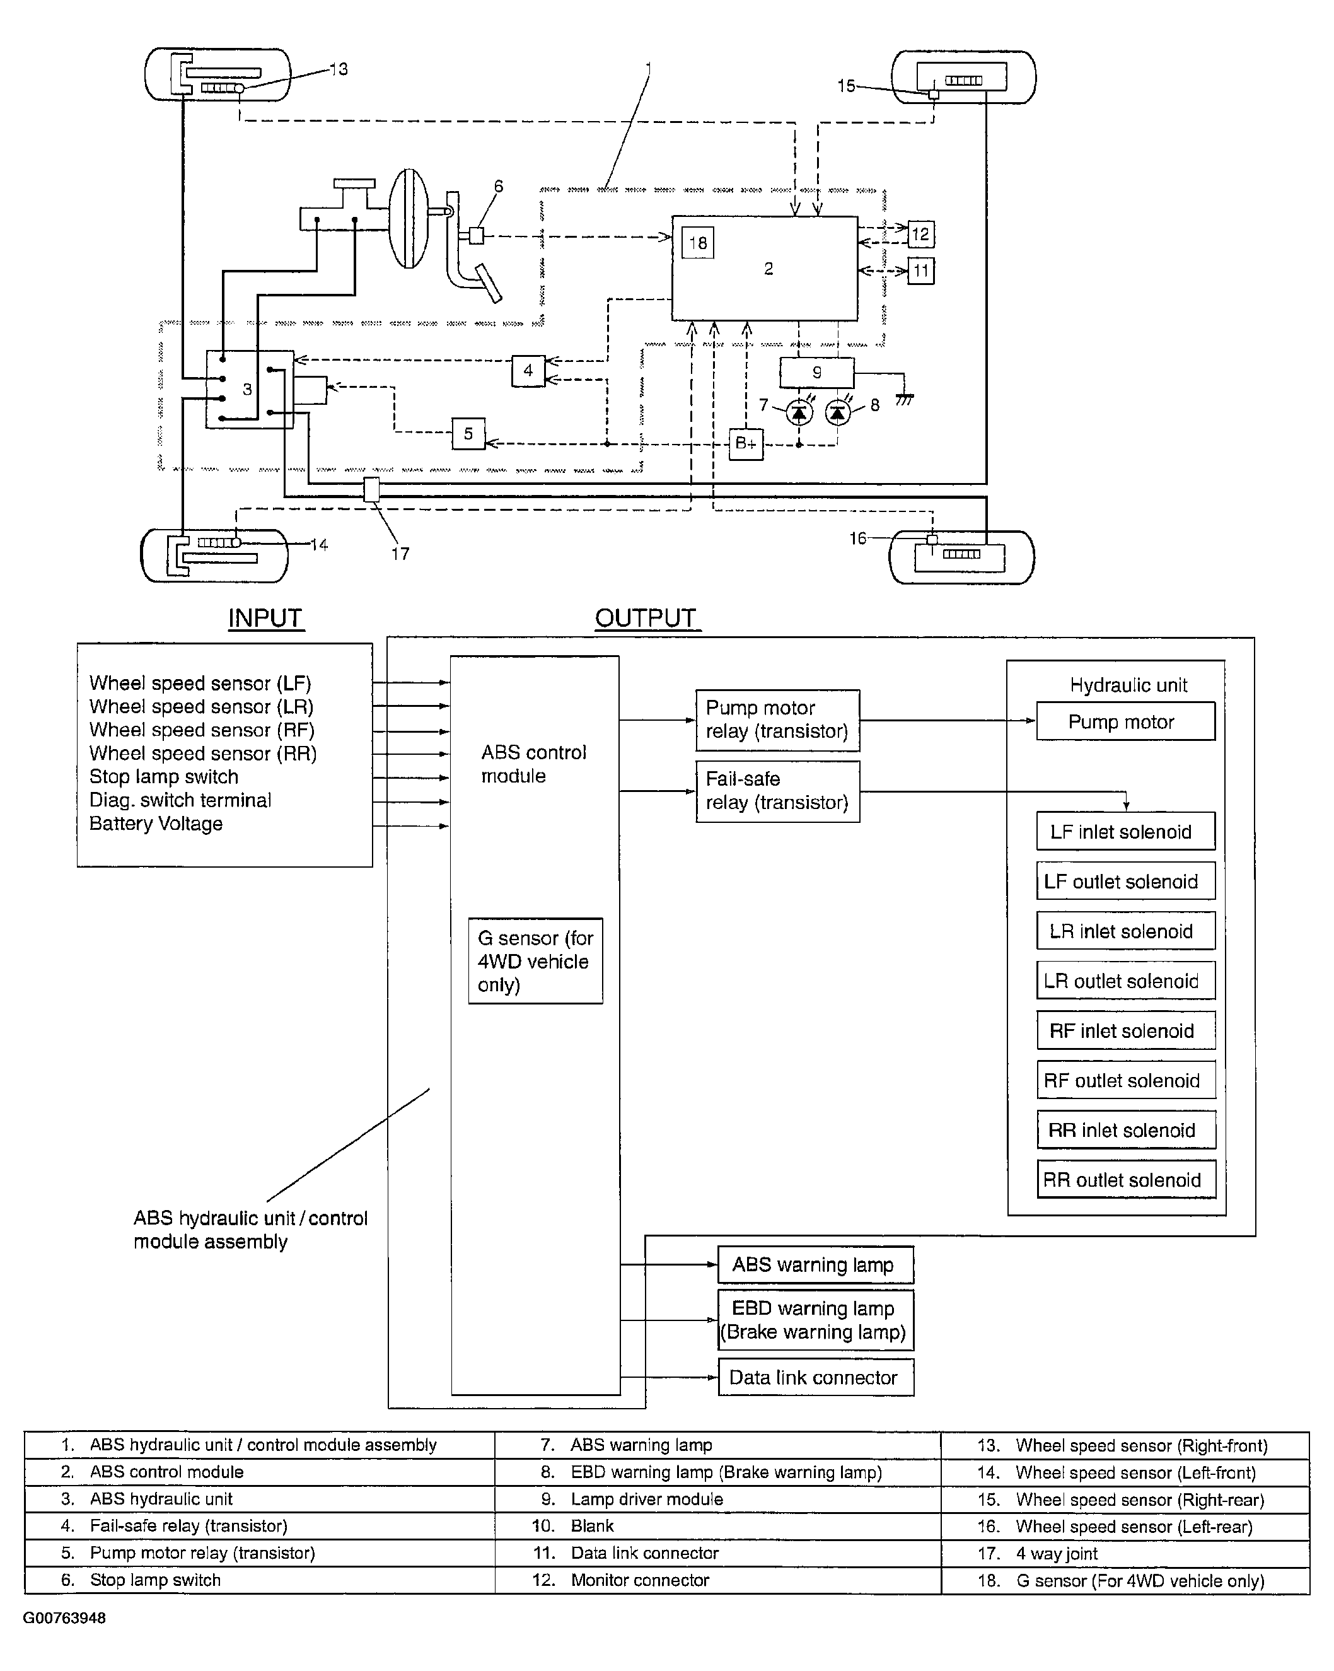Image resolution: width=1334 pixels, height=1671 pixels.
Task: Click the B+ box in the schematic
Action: click(x=746, y=443)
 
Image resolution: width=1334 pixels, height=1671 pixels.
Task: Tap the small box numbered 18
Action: click(x=697, y=243)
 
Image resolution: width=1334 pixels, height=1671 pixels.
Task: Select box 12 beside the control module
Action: click(x=920, y=234)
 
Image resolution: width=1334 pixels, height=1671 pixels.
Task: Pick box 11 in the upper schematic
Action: click(x=920, y=271)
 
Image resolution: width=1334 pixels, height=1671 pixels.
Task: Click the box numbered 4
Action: click(x=528, y=371)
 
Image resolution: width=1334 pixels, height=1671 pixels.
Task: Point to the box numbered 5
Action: click(x=468, y=433)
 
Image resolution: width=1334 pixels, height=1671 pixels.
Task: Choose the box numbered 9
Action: click(x=816, y=373)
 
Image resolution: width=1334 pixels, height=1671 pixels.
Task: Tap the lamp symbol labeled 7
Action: click(x=799, y=412)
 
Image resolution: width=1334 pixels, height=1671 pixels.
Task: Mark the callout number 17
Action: click(x=400, y=554)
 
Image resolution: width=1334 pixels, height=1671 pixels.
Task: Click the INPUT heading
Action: click(x=265, y=619)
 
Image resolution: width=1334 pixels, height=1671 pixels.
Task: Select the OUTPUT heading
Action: click(x=646, y=619)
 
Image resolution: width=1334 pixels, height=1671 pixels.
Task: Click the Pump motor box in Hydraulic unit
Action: click(x=1125, y=721)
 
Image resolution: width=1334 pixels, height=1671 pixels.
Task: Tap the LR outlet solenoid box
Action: click(x=1125, y=981)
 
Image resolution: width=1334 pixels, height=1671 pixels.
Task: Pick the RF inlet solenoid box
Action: click(x=1125, y=1030)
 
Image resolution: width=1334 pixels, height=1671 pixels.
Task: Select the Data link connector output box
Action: click(x=816, y=1377)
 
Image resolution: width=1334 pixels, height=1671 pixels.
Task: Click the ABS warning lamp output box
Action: click(x=816, y=1265)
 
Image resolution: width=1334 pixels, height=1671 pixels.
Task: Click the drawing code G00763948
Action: click(x=64, y=1617)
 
